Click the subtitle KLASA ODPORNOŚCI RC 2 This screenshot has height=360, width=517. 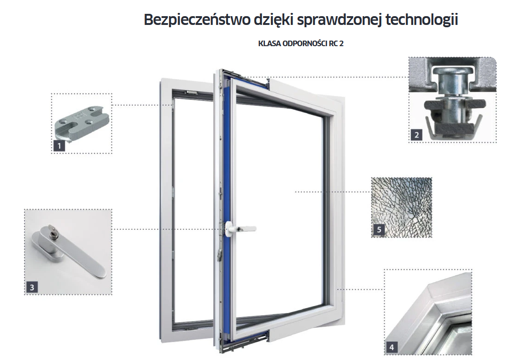point(301,43)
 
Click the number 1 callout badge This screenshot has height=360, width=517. point(60,146)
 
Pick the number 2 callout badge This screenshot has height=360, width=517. point(417,134)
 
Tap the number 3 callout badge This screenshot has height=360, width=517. point(32,287)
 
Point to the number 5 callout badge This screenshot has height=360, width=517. point(379,229)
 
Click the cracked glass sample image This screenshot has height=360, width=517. point(402,207)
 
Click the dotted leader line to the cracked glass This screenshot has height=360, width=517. point(333,192)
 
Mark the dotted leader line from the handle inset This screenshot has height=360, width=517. point(167,229)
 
